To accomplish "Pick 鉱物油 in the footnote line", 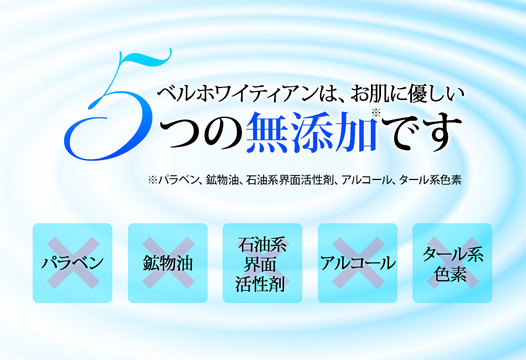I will point(222,179).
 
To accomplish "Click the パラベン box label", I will point(73,263).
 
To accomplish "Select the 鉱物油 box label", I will point(168,263).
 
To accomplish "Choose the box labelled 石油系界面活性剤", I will point(262,263).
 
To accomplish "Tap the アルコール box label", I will point(358,263).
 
